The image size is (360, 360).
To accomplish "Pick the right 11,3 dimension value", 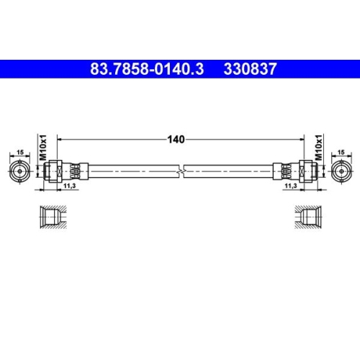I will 292,185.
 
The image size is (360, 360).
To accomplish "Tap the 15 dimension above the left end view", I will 19,153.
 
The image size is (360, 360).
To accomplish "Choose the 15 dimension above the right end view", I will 341,153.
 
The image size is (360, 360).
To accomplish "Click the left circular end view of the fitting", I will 19,171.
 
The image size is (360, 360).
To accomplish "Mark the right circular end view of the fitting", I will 341,171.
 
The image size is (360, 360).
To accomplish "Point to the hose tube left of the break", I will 130,171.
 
